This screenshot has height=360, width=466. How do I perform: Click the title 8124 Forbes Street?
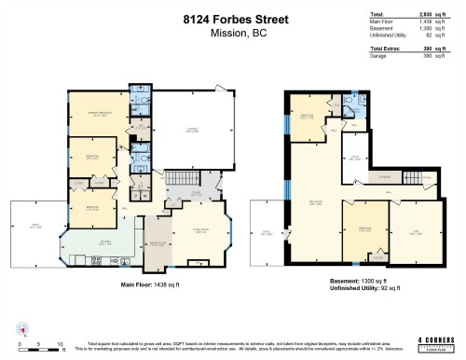pyautogui.click(x=232, y=18)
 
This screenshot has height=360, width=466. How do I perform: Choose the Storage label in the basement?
pyautogui.click(x=384, y=176)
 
